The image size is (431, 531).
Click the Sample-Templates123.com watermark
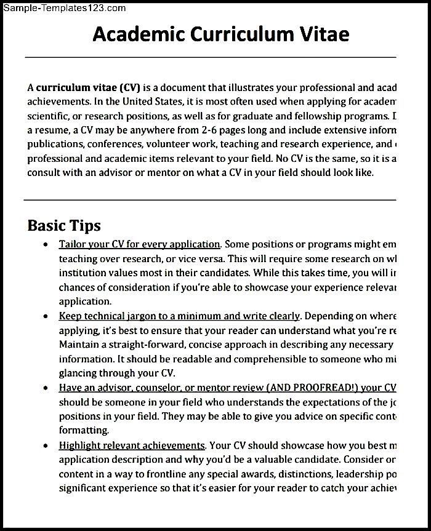pyautogui.click(x=64, y=8)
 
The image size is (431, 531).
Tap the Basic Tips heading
pyautogui.click(x=63, y=225)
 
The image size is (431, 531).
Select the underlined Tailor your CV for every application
pyautogui.click(x=139, y=244)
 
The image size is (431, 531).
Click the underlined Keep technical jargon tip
pyautogui.click(x=179, y=316)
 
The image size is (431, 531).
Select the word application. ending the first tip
pyautogui.click(x=86, y=301)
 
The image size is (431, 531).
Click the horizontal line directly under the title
pyautogui.click(x=209, y=58)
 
